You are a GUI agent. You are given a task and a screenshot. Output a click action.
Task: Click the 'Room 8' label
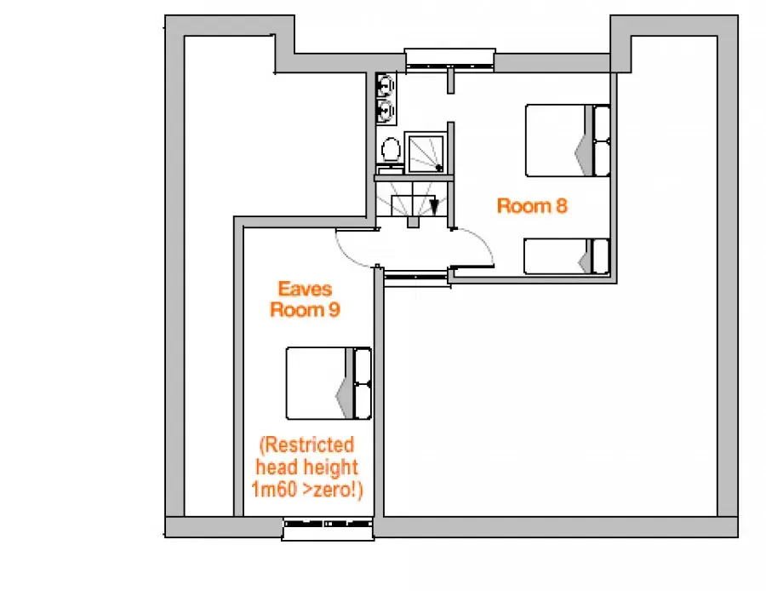[x=532, y=206]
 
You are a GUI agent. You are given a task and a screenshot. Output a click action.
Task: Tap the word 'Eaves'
[x=305, y=289]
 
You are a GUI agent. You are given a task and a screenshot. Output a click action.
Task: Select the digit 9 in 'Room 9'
[x=334, y=310]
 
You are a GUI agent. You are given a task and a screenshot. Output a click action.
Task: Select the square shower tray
[x=426, y=152]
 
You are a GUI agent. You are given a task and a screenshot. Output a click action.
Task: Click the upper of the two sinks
[x=386, y=85]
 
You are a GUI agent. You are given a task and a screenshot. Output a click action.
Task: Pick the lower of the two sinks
[x=386, y=112]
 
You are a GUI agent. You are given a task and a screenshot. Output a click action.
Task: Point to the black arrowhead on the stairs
[x=434, y=206]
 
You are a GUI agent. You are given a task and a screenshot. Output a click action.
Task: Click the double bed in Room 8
[x=568, y=141]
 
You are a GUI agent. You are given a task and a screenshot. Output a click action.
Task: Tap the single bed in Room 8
[x=567, y=256]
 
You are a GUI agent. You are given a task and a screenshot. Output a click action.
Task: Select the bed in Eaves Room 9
[x=329, y=383]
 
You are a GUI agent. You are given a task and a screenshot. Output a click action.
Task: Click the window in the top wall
[x=450, y=59]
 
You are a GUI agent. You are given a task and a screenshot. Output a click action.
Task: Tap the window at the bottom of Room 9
[x=329, y=529]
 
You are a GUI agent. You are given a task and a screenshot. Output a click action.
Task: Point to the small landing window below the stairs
[x=416, y=277]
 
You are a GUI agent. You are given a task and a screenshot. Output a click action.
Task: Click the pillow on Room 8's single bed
[x=600, y=256]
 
